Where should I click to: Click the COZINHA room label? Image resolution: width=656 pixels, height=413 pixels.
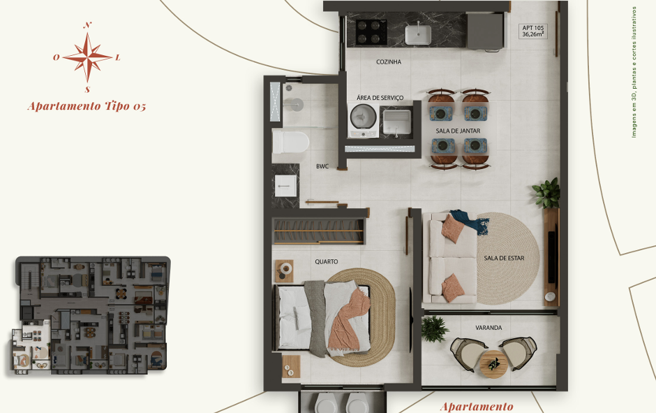[x=388, y=62]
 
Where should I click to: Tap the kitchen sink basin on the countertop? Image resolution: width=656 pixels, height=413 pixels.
[x=417, y=35]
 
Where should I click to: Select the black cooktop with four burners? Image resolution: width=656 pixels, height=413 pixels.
[x=371, y=32]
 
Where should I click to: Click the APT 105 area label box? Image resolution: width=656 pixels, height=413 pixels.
[x=533, y=31]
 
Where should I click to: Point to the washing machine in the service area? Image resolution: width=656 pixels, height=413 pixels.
[x=363, y=121]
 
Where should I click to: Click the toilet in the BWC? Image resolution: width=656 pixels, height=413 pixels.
[x=291, y=143]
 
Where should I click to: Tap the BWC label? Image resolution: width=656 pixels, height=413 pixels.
[x=322, y=166]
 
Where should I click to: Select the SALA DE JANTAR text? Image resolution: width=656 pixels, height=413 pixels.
[x=458, y=131]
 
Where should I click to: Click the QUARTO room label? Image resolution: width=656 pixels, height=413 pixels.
[x=327, y=261]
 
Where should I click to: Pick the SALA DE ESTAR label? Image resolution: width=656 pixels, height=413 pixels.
[x=504, y=258]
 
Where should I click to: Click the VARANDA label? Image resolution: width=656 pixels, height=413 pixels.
[x=489, y=328]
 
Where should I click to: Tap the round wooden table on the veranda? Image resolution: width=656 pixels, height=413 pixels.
[x=493, y=364]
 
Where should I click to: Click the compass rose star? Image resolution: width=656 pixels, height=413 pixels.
[x=87, y=57]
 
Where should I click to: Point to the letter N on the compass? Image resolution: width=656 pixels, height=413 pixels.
[x=87, y=25]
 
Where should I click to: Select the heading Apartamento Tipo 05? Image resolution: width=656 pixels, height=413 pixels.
[x=87, y=106]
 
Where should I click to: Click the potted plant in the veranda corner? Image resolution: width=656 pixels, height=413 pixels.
[x=435, y=329]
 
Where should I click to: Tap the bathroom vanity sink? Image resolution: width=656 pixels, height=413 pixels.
[x=285, y=186]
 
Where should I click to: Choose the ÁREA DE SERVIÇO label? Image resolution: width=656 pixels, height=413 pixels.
[x=380, y=98]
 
